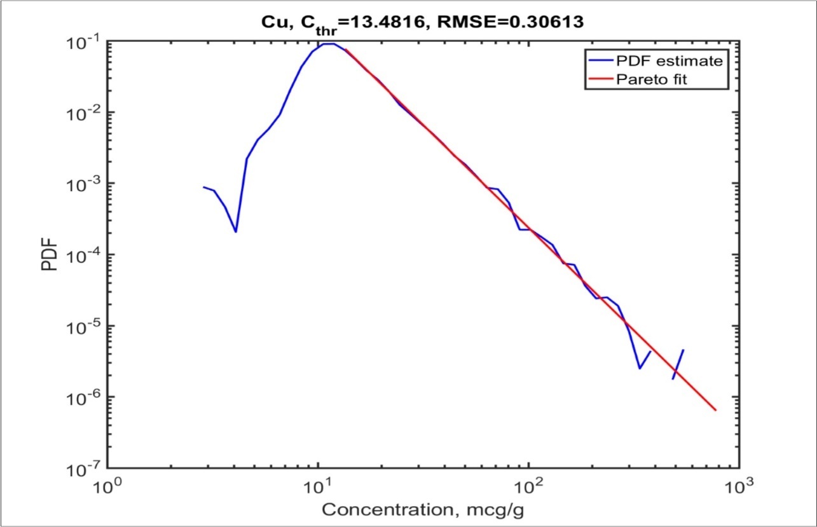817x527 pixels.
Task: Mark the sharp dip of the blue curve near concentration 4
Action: point(236,231)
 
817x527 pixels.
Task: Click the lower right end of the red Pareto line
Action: point(716,410)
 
